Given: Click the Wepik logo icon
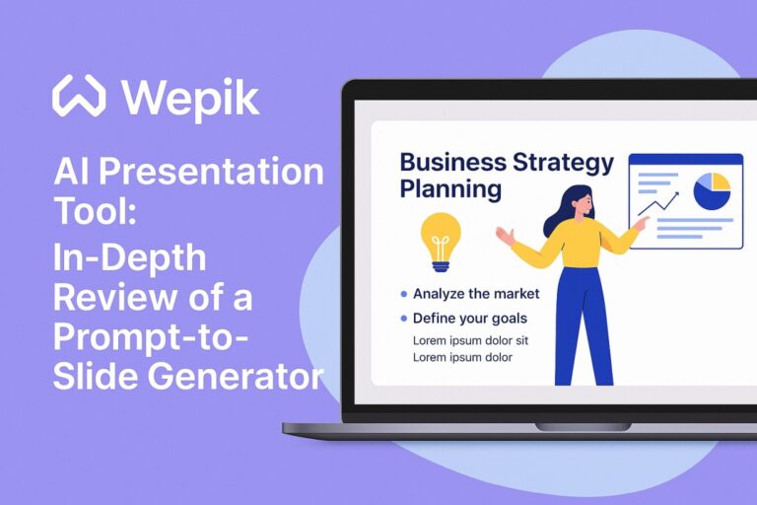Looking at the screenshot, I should pos(79,97).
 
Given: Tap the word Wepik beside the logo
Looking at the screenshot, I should pos(189,98).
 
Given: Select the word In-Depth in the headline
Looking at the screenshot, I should pos(130,259).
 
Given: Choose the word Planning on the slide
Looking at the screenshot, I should pos(450,187).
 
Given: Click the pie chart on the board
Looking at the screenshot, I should pos(712,189).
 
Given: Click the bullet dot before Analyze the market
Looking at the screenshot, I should pos(404,294).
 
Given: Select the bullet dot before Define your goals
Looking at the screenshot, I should pos(404,319).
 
